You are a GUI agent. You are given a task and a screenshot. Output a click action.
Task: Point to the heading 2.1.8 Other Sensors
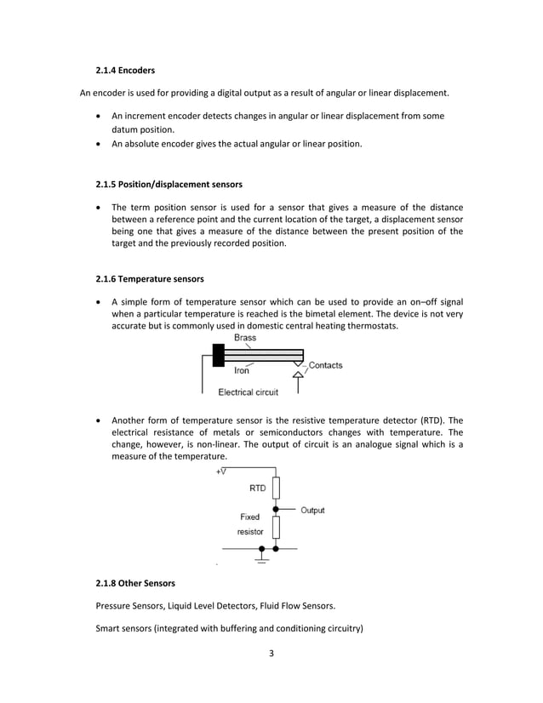(x=135, y=583)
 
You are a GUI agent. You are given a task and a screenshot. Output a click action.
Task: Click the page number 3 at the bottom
(x=271, y=654)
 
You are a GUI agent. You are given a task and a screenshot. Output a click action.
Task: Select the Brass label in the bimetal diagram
(x=245, y=338)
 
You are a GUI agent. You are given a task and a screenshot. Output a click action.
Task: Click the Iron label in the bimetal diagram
(x=241, y=370)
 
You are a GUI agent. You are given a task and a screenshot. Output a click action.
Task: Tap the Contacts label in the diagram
(x=325, y=365)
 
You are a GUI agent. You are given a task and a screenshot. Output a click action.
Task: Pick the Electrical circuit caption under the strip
(x=249, y=392)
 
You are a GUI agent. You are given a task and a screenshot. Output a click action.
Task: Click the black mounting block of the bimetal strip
(x=219, y=355)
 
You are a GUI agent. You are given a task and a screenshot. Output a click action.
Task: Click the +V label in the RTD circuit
(x=221, y=472)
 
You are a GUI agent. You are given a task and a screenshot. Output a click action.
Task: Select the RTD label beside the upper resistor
(x=257, y=489)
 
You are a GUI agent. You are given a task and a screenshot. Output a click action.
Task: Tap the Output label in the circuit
(x=312, y=511)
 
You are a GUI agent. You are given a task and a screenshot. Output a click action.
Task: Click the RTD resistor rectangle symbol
(x=276, y=489)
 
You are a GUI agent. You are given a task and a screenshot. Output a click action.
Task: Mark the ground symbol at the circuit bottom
(x=261, y=560)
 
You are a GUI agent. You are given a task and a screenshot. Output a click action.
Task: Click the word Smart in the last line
(x=110, y=629)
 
